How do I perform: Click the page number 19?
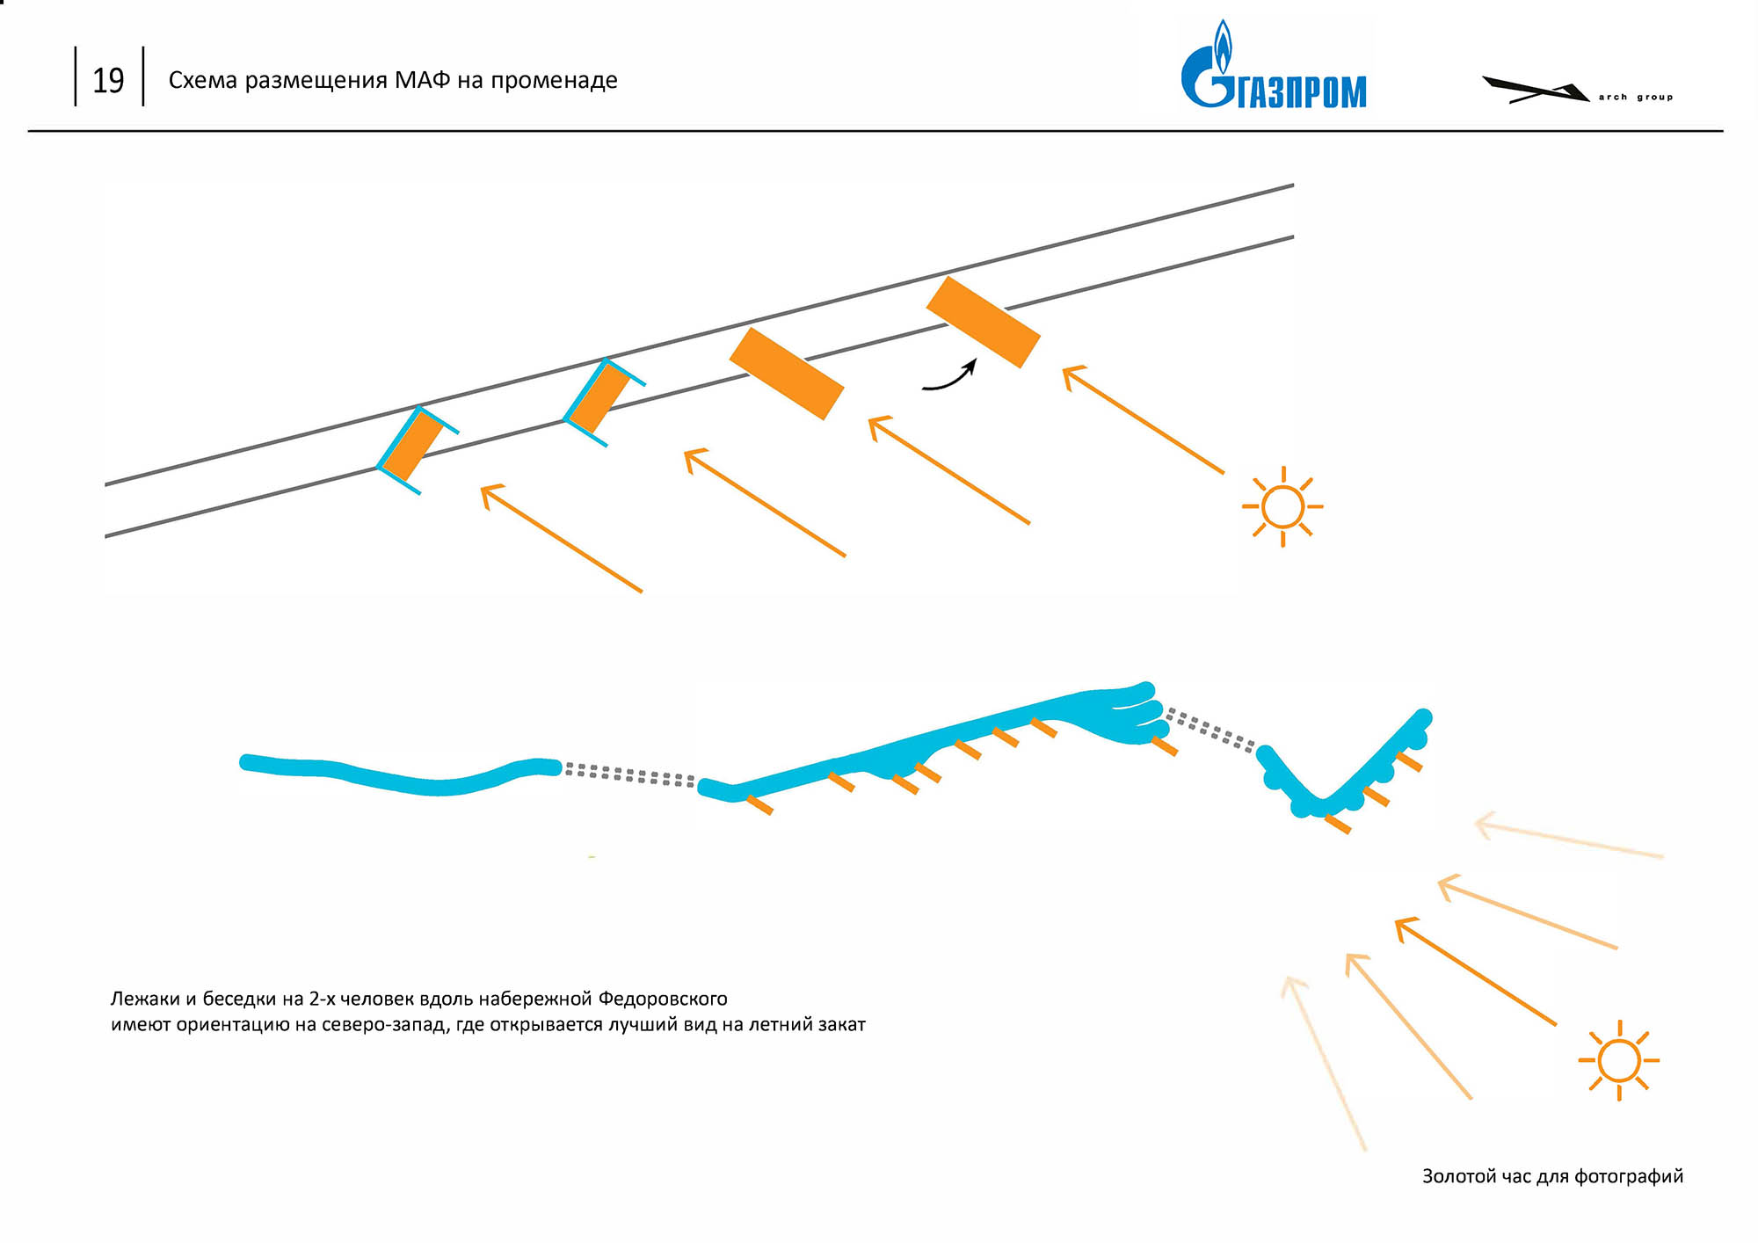[108, 80]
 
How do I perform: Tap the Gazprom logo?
[1275, 65]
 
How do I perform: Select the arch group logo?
[1577, 90]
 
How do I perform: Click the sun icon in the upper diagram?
[1282, 506]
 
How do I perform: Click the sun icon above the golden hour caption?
[1618, 1060]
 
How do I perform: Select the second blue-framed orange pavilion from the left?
[605, 403]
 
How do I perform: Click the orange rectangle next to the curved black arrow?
[984, 322]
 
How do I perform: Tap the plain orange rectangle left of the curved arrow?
[787, 374]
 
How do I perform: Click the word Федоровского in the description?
[663, 999]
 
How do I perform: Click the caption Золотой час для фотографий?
[1552, 1176]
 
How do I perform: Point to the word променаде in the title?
[554, 80]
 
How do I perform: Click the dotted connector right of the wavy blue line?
[630, 774]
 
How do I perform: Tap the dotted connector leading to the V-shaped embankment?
[1210, 731]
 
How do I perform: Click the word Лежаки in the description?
[145, 999]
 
